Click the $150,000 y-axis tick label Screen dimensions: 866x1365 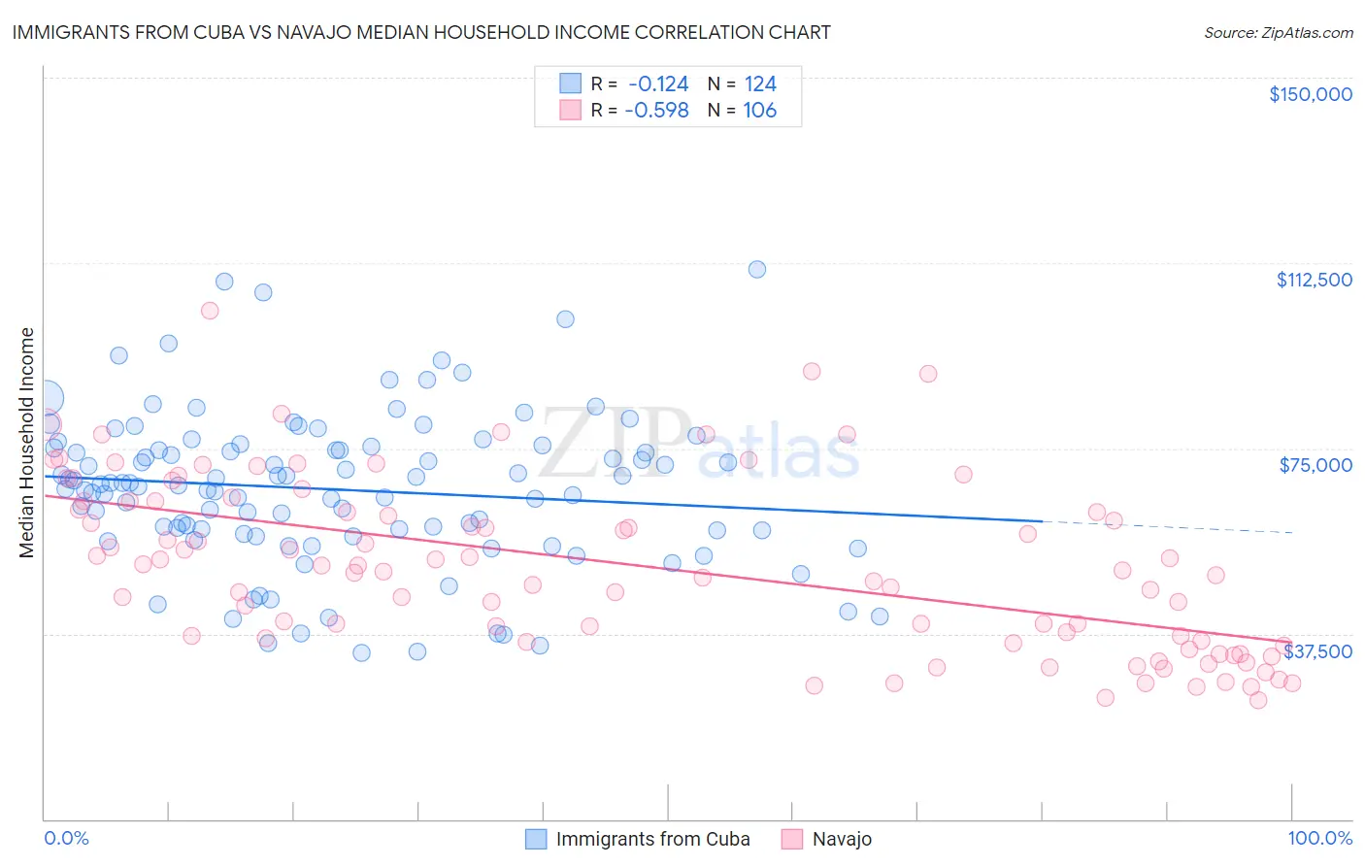click(x=1310, y=94)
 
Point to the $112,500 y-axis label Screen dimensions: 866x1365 click(x=1314, y=280)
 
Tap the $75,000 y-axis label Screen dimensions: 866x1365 click(x=1315, y=465)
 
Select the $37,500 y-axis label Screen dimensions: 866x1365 click(x=1317, y=651)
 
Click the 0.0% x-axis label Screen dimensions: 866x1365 click(x=66, y=838)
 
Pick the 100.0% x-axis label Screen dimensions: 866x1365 click(x=1319, y=838)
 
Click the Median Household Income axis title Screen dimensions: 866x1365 click(x=26, y=443)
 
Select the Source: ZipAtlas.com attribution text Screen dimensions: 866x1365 click(x=1278, y=33)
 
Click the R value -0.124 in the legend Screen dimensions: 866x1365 click(x=657, y=84)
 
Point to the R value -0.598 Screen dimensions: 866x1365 click(x=656, y=111)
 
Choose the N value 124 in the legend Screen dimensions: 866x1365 click(x=760, y=84)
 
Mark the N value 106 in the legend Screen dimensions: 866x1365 click(x=759, y=111)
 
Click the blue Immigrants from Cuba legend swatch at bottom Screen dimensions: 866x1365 click(x=536, y=839)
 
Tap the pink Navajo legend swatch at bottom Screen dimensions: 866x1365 click(x=792, y=839)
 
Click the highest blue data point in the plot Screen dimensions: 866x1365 click(x=757, y=269)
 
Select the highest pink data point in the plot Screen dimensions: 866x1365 click(x=210, y=311)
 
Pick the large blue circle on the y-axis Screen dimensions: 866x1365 click(x=47, y=397)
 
